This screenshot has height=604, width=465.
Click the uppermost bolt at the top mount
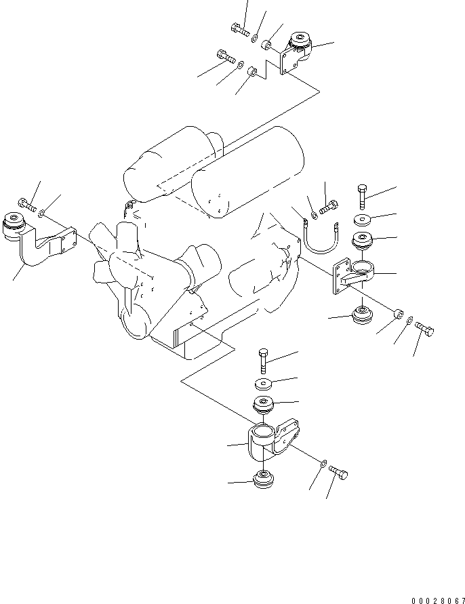[240, 28]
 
